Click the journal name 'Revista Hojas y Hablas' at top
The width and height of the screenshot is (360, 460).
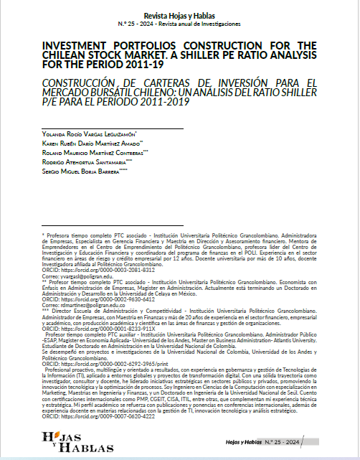pos(179,14)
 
